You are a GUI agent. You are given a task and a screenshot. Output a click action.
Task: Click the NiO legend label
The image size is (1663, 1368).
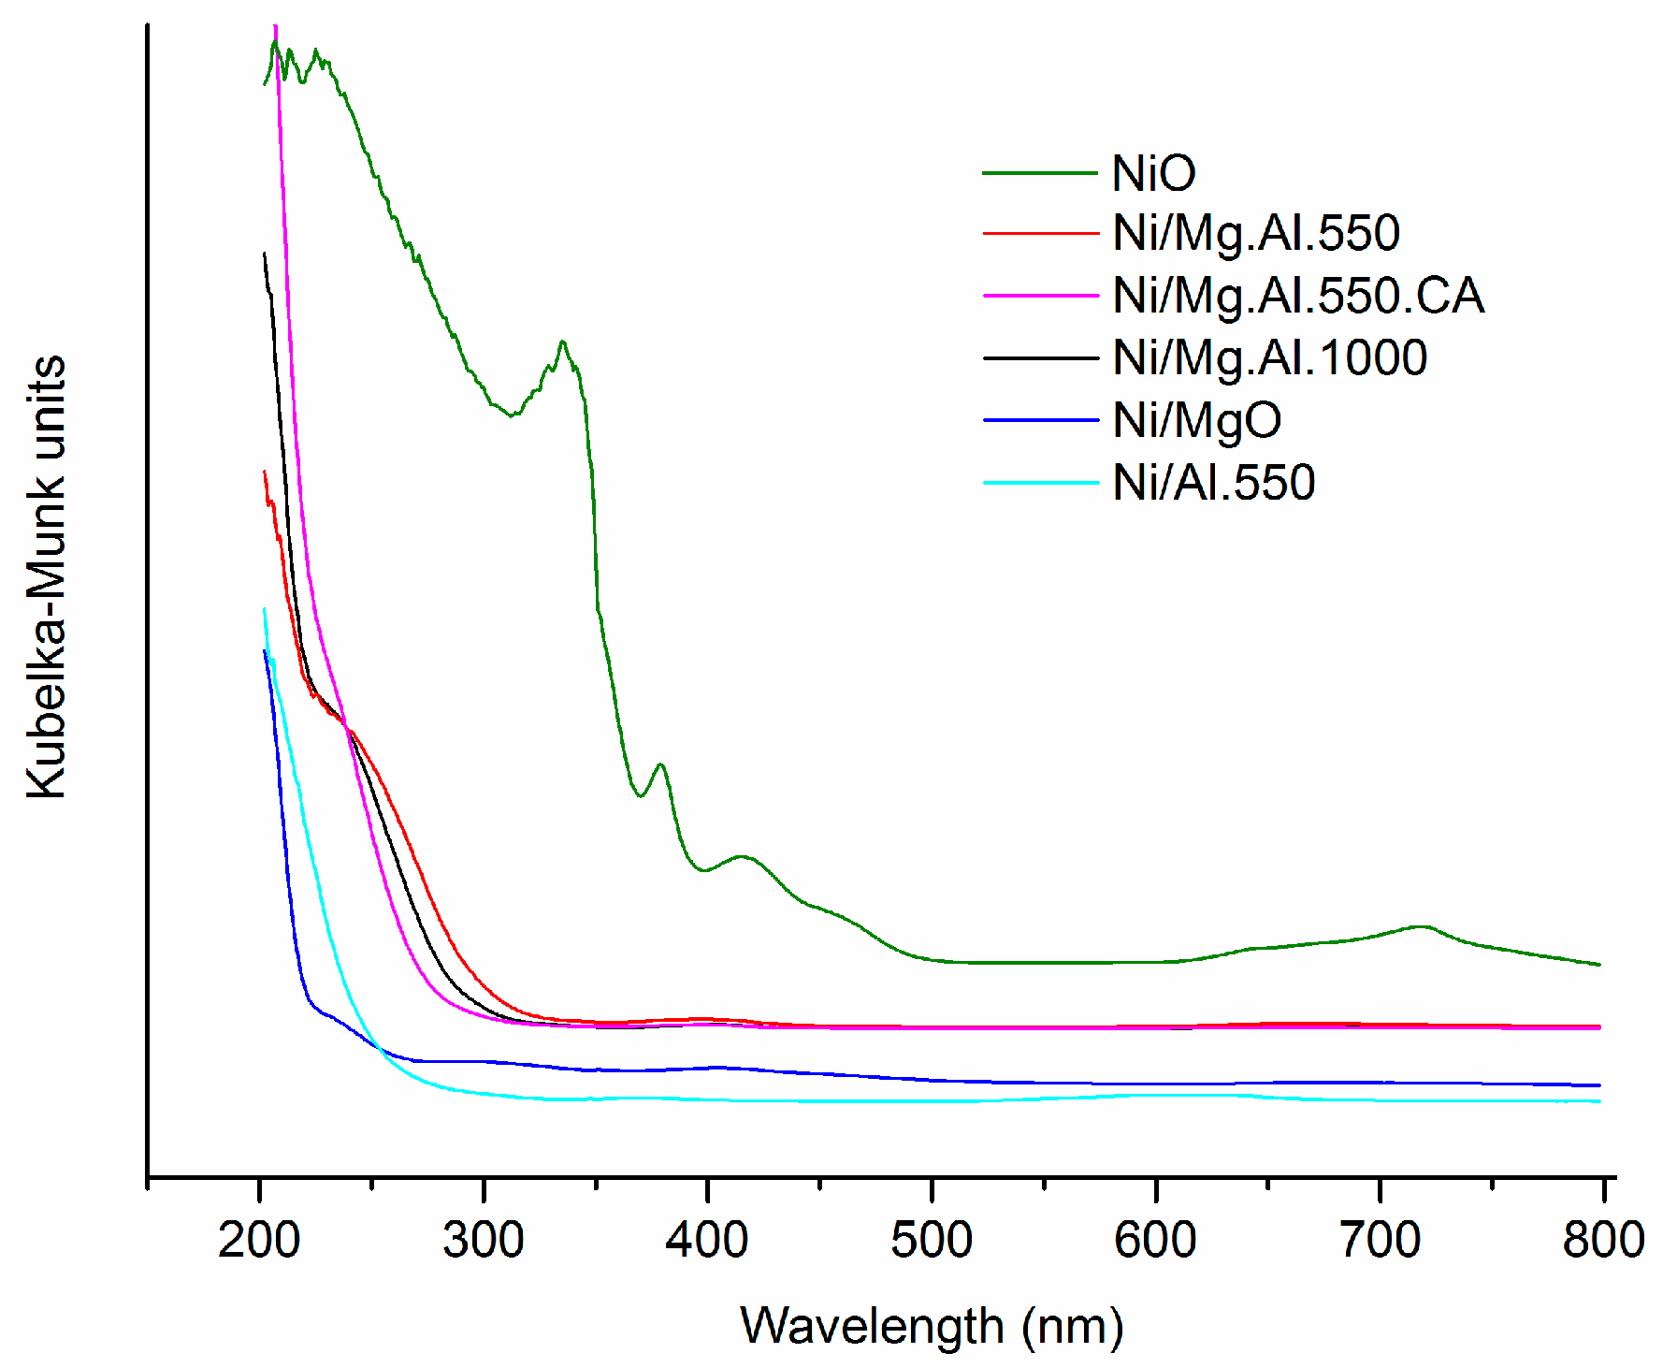click(x=1153, y=174)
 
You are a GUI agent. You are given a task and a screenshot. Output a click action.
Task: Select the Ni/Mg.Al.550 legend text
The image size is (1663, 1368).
click(x=1255, y=233)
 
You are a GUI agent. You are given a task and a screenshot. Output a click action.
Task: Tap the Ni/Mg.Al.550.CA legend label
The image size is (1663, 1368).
click(x=1297, y=296)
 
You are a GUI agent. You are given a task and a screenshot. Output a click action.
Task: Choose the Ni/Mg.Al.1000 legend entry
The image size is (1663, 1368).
click(x=1269, y=358)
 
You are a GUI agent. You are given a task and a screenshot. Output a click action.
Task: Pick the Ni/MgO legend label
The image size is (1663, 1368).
click(x=1196, y=420)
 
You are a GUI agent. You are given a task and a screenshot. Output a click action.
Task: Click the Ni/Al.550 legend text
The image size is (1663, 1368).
click(x=1213, y=483)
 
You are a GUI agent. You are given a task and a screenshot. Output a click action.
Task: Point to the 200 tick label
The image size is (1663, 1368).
click(x=259, y=1241)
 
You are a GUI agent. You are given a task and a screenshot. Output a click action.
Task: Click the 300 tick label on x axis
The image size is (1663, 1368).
click(x=483, y=1241)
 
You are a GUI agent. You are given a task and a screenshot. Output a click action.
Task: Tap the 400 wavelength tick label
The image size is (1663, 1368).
click(x=707, y=1241)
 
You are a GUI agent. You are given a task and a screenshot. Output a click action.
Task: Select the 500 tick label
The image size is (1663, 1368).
click(x=932, y=1241)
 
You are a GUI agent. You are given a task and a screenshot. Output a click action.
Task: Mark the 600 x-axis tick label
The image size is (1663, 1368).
click(x=1155, y=1241)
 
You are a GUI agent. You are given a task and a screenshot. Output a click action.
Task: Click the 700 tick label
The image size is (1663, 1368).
click(x=1380, y=1241)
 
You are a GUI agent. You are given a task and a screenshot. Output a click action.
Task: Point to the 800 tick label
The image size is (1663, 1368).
click(x=1603, y=1241)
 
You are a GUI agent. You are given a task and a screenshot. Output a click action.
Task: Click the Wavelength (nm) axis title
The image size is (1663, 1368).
click(x=932, y=1327)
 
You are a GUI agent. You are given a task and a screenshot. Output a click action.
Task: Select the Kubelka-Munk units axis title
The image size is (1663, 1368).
click(x=47, y=576)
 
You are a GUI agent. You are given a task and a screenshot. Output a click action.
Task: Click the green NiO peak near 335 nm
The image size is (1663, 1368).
click(x=562, y=342)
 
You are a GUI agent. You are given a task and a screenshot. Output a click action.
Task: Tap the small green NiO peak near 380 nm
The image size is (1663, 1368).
click(x=661, y=765)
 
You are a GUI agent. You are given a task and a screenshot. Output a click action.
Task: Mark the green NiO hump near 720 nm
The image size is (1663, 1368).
click(x=1422, y=927)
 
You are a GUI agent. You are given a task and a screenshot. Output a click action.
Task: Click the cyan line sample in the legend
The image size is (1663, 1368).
click(x=1040, y=483)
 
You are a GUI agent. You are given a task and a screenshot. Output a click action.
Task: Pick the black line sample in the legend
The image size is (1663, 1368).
click(x=1040, y=358)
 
